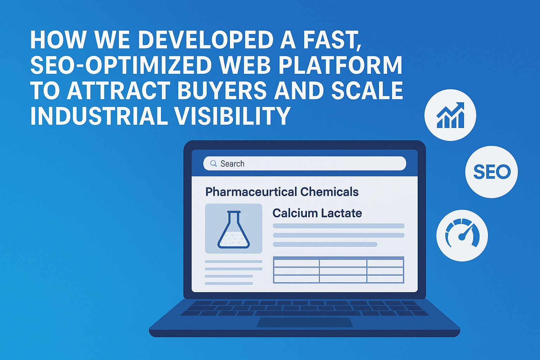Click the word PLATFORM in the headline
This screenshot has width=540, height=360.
[x=341, y=65]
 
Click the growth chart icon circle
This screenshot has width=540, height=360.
[x=450, y=115]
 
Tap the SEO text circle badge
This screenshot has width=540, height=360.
[x=491, y=172]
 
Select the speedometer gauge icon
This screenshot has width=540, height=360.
[x=462, y=235]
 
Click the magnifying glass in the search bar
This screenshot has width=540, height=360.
[x=213, y=163]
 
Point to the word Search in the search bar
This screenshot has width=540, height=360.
[x=232, y=164]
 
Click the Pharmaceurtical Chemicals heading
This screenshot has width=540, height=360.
[x=282, y=192]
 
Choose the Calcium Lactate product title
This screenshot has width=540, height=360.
[x=317, y=213]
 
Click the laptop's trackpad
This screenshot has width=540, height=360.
[x=304, y=322]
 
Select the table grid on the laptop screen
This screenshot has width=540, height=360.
[x=339, y=270]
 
